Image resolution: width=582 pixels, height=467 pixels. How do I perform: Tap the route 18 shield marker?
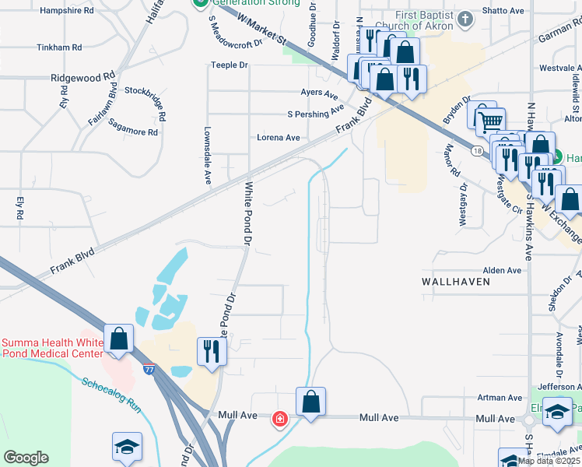(x=477, y=149)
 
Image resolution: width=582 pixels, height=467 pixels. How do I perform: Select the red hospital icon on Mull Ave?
(x=279, y=420)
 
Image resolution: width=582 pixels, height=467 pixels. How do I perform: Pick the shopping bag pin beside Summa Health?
(x=117, y=339)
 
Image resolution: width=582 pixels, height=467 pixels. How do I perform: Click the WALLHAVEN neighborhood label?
(x=456, y=281)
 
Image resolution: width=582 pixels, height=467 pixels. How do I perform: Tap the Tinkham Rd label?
(x=59, y=47)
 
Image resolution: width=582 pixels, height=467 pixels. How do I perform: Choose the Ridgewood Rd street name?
(x=82, y=77)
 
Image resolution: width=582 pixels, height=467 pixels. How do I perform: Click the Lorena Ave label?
(x=279, y=138)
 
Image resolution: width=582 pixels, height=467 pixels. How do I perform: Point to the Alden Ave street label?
(x=502, y=270)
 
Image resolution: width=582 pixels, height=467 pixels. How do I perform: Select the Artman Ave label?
(x=499, y=398)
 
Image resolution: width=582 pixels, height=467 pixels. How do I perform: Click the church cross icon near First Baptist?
(x=465, y=19)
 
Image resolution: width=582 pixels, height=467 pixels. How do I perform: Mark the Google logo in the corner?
(x=26, y=458)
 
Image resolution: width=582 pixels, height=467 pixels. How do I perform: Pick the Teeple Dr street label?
(x=229, y=65)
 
